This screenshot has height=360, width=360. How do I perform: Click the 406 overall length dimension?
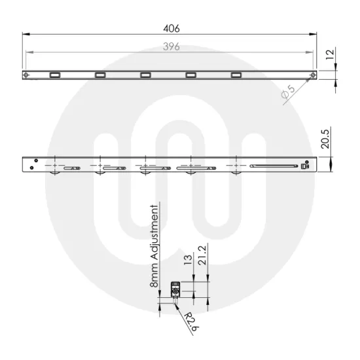[171, 28]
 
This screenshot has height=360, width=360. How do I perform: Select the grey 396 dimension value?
[171, 47]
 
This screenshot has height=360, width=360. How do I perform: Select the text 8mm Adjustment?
[155, 247]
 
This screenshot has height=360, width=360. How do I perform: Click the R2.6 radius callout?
[189, 322]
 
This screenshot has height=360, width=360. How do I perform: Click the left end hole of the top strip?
[26, 75]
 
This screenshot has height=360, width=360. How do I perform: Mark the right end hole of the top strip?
[315, 75]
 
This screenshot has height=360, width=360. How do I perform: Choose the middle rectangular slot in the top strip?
[145, 75]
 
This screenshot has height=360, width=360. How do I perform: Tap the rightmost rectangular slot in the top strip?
[236, 75]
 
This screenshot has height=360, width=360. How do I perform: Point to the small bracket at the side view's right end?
[304, 166]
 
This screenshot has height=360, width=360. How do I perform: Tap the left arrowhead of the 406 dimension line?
[25, 35]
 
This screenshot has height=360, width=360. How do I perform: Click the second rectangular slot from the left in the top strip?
[100, 75]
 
